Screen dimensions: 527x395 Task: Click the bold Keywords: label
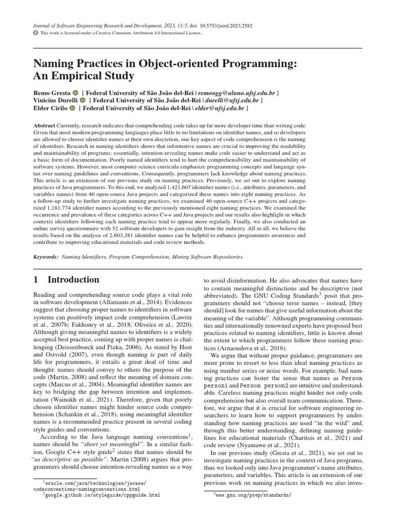46,256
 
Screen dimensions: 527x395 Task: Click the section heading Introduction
73,280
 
